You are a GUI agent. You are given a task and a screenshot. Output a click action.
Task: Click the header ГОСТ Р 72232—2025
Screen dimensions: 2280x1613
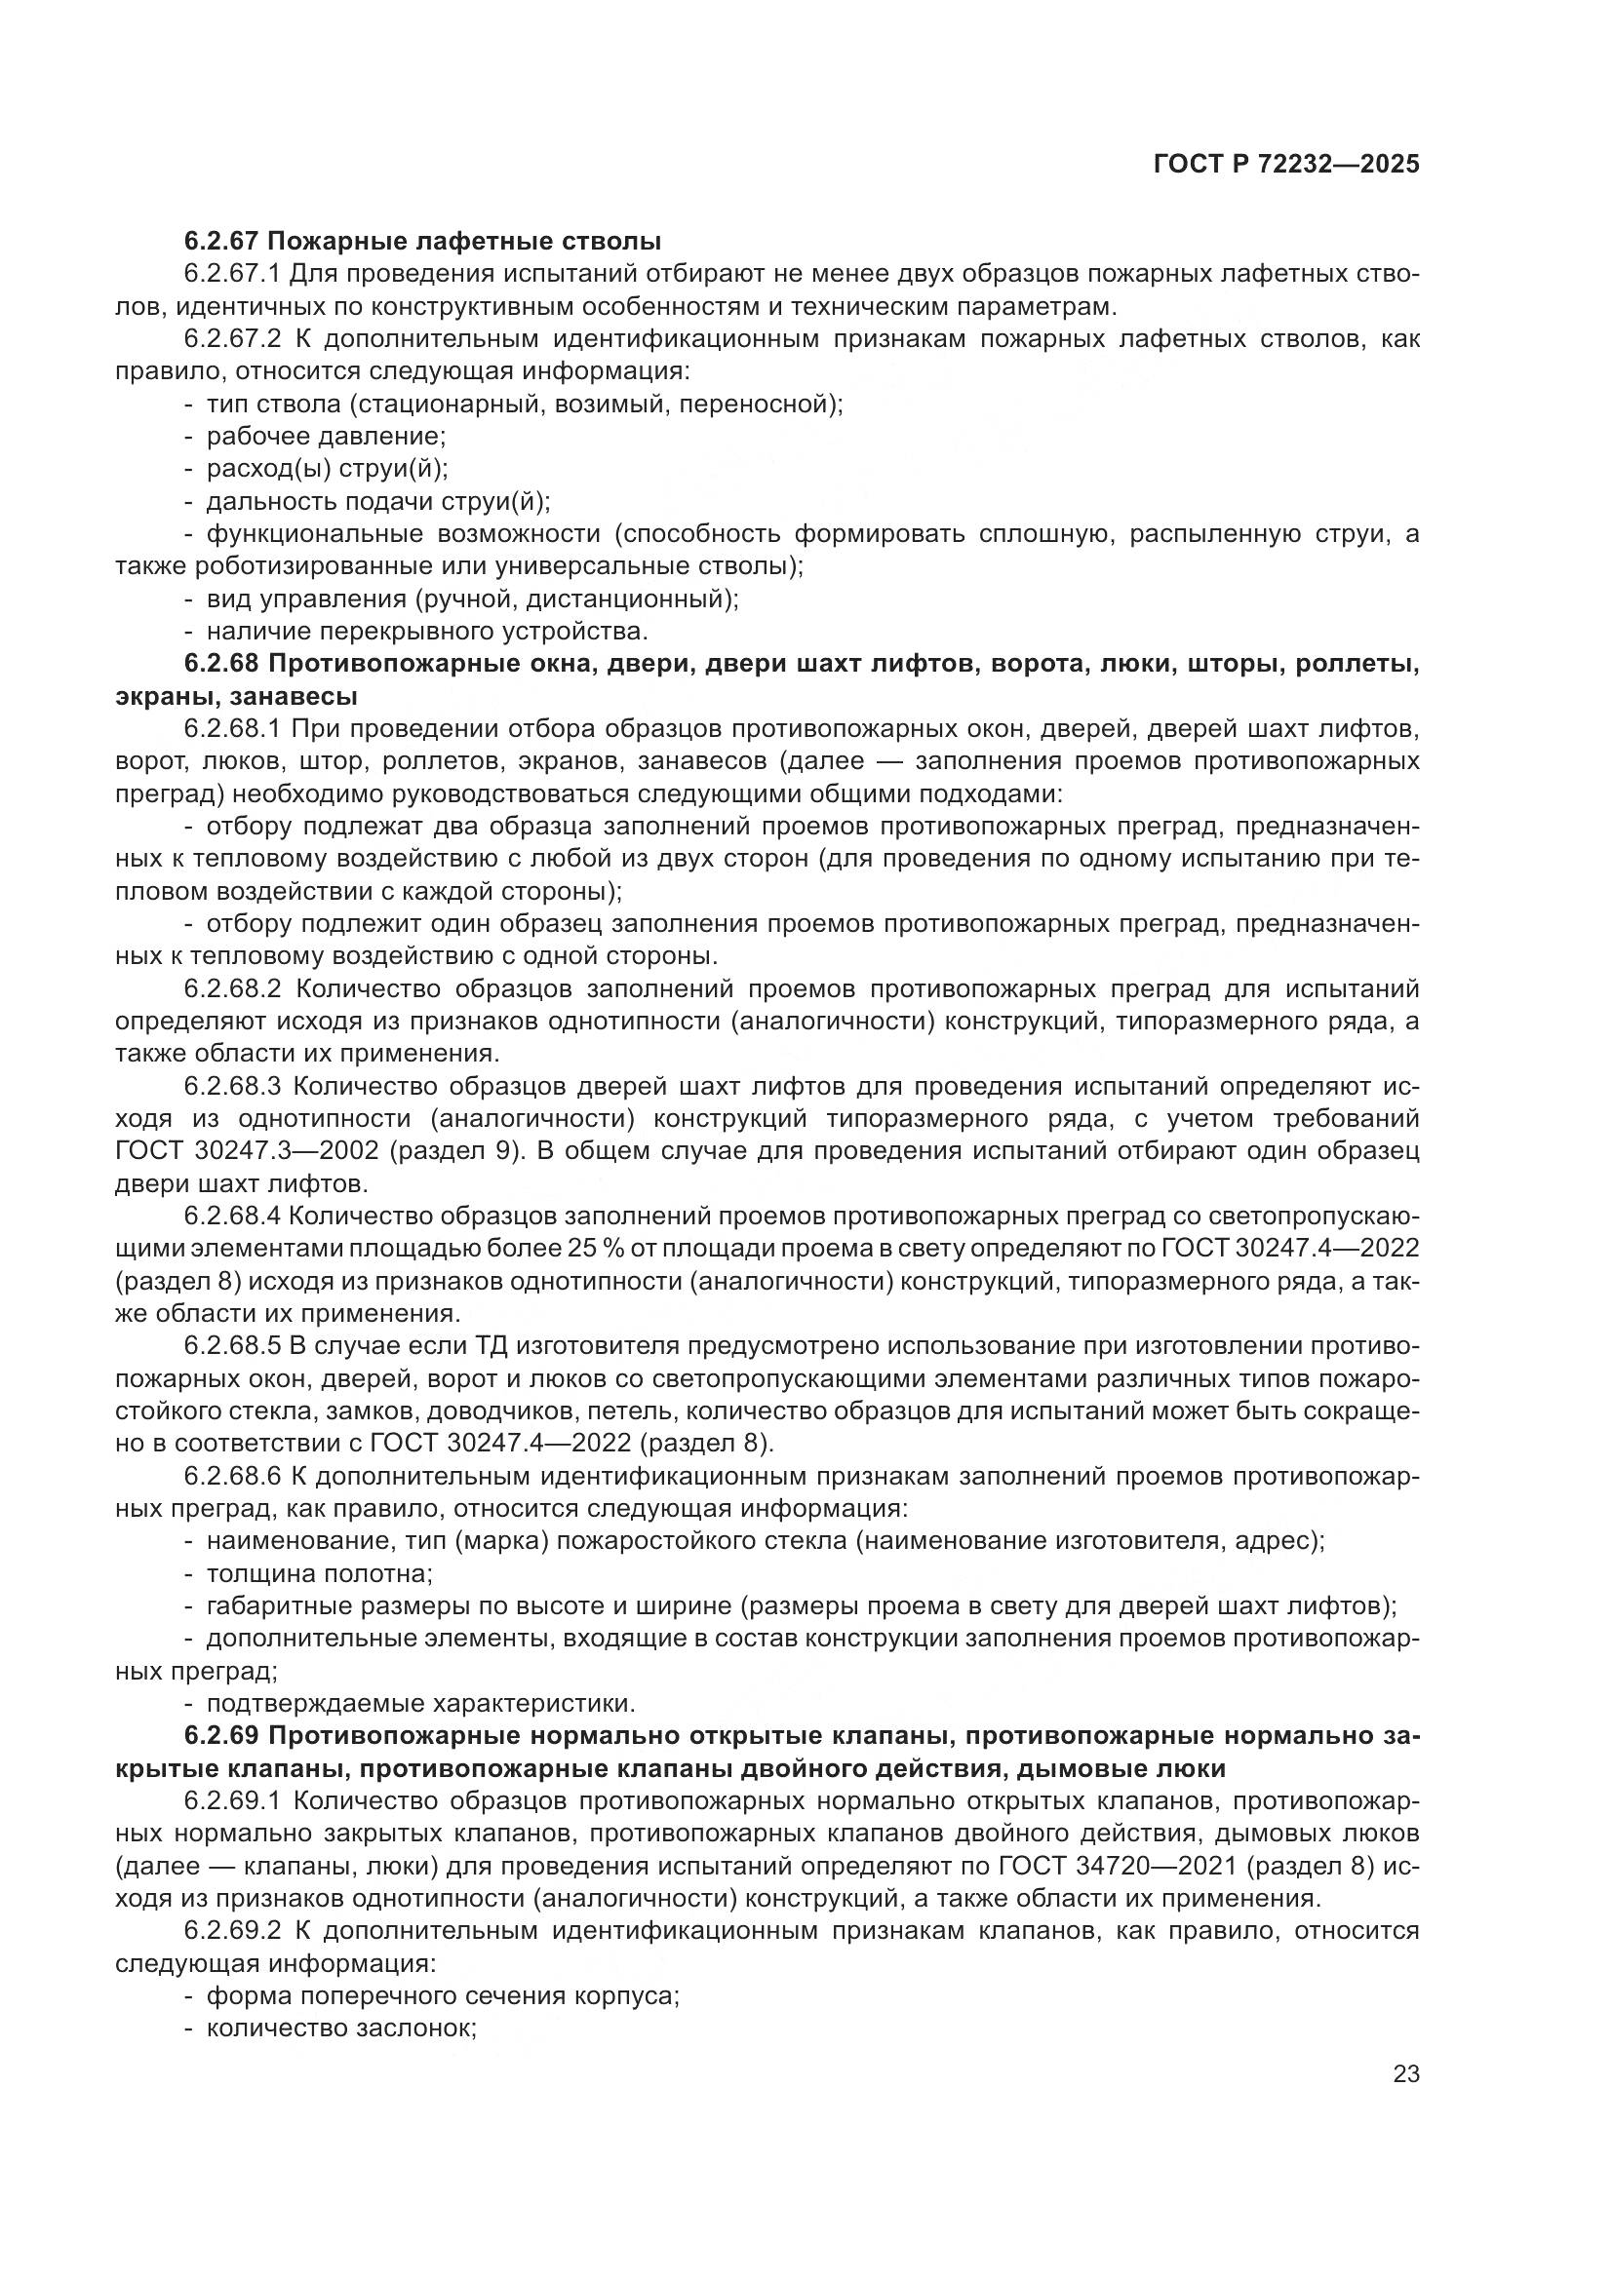pyautogui.click(x=1286, y=165)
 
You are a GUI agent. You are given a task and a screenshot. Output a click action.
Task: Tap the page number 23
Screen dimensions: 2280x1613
pyautogui.click(x=1406, y=2073)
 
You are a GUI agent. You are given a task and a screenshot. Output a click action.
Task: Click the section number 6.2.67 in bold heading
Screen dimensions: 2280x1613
pyautogui.click(x=221, y=241)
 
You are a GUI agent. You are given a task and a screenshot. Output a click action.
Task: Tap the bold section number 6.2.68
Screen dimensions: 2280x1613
pyautogui.click(x=221, y=664)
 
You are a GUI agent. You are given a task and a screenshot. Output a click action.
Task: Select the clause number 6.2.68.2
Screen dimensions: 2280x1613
pyautogui.click(x=233, y=989)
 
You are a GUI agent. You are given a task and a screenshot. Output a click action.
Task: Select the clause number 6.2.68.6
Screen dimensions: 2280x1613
pyautogui.click(x=233, y=1476)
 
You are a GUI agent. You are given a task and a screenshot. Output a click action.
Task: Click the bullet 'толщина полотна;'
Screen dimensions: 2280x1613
pyautogui.click(x=319, y=1574)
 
